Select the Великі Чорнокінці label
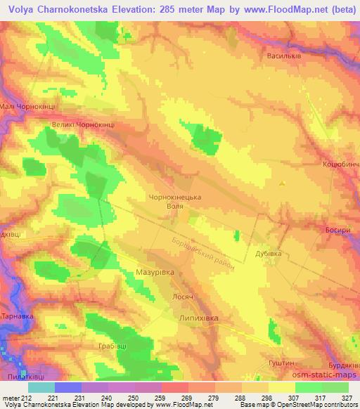[83, 124]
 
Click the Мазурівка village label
[154, 270]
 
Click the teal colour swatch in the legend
[41, 387]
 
